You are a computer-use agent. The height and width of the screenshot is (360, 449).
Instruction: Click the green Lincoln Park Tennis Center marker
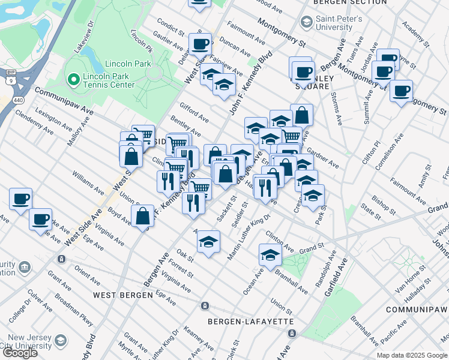(x=73, y=79)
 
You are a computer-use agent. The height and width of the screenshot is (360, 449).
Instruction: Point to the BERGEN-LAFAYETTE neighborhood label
(x=251, y=322)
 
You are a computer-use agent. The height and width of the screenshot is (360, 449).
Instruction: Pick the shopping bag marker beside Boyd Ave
(x=143, y=217)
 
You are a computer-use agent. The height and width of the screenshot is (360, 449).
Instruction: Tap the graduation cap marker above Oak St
(x=208, y=242)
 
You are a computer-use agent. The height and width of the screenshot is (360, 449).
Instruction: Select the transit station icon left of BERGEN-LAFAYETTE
(x=205, y=306)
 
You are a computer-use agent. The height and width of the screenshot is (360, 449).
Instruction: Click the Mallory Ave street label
(x=76, y=134)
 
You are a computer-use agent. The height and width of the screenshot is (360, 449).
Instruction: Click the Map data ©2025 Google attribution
(x=412, y=355)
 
